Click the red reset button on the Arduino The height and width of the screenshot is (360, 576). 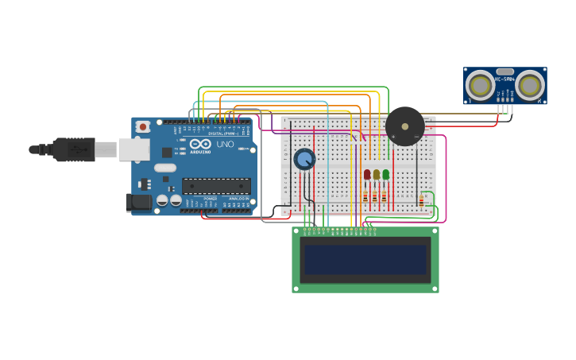tap(143, 126)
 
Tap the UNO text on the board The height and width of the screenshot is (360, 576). tap(225, 145)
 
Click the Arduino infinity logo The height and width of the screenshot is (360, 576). tap(200, 144)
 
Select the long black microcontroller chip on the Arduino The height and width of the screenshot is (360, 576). tap(216, 186)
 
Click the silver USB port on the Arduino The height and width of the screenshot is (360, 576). tap(133, 149)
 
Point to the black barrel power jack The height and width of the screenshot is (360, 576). tap(139, 202)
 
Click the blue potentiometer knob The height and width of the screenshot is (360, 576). tap(304, 159)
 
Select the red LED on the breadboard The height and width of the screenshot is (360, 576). tap(367, 174)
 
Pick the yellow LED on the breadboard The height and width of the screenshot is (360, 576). tap(377, 174)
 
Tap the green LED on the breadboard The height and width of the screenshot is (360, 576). tap(386, 174)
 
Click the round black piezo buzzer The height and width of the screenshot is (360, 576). tap(405, 126)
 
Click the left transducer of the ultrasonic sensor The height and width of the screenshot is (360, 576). tap(480, 84)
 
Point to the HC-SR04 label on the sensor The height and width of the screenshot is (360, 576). tap(504, 79)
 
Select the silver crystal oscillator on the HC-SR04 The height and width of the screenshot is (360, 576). tap(504, 72)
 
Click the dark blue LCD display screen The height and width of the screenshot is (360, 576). tap(365, 260)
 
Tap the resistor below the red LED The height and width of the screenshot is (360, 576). tap(365, 196)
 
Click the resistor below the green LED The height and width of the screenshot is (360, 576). tap(385, 196)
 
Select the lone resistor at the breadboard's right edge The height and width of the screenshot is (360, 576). tap(421, 200)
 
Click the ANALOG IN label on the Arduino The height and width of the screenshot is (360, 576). tap(238, 199)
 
